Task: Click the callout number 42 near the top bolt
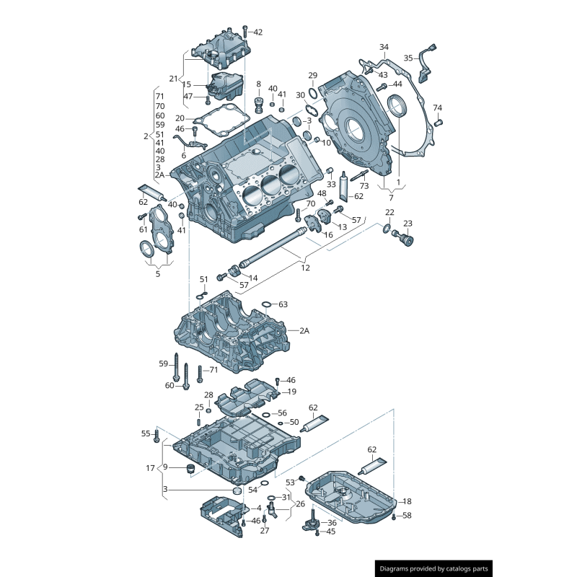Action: click(258, 32)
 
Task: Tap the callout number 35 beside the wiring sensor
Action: click(408, 58)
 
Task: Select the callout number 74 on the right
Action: click(437, 107)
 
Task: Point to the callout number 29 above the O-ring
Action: click(312, 76)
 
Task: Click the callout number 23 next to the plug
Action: click(408, 224)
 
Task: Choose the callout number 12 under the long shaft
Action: click(305, 268)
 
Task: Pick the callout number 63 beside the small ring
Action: click(283, 304)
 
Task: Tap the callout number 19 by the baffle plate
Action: click(292, 392)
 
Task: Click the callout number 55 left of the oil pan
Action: click(146, 433)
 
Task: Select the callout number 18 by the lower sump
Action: click(407, 501)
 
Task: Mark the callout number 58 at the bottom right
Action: click(407, 516)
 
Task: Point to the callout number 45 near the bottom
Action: click(331, 532)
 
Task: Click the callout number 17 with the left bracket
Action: click(150, 468)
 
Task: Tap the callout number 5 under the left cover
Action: click(158, 273)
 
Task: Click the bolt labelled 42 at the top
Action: click(245, 32)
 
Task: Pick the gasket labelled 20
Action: click(220, 118)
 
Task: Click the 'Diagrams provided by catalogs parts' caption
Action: click(433, 569)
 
